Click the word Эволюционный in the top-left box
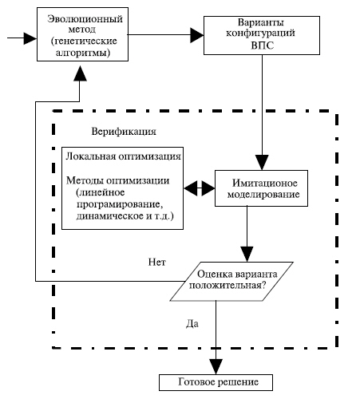click(x=85, y=19)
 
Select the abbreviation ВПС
click(x=262, y=45)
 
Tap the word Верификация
click(x=124, y=132)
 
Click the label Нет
click(x=156, y=263)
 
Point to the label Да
click(x=192, y=324)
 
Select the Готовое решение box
click(x=216, y=382)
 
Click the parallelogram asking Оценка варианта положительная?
click(x=231, y=282)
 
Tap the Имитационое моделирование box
click(x=261, y=188)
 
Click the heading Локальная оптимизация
click(x=123, y=156)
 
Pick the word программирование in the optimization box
click(x=120, y=204)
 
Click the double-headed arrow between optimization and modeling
click(x=200, y=188)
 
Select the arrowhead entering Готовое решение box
click(x=216, y=367)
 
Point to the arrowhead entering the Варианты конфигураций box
click(x=197, y=35)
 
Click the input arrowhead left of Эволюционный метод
click(x=30, y=38)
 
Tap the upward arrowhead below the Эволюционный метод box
click(x=80, y=73)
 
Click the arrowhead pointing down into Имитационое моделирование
click(x=262, y=163)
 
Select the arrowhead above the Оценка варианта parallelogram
click(x=247, y=255)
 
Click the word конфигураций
click(x=260, y=34)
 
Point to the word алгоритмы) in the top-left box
click(x=82, y=53)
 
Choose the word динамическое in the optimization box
click(x=110, y=215)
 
